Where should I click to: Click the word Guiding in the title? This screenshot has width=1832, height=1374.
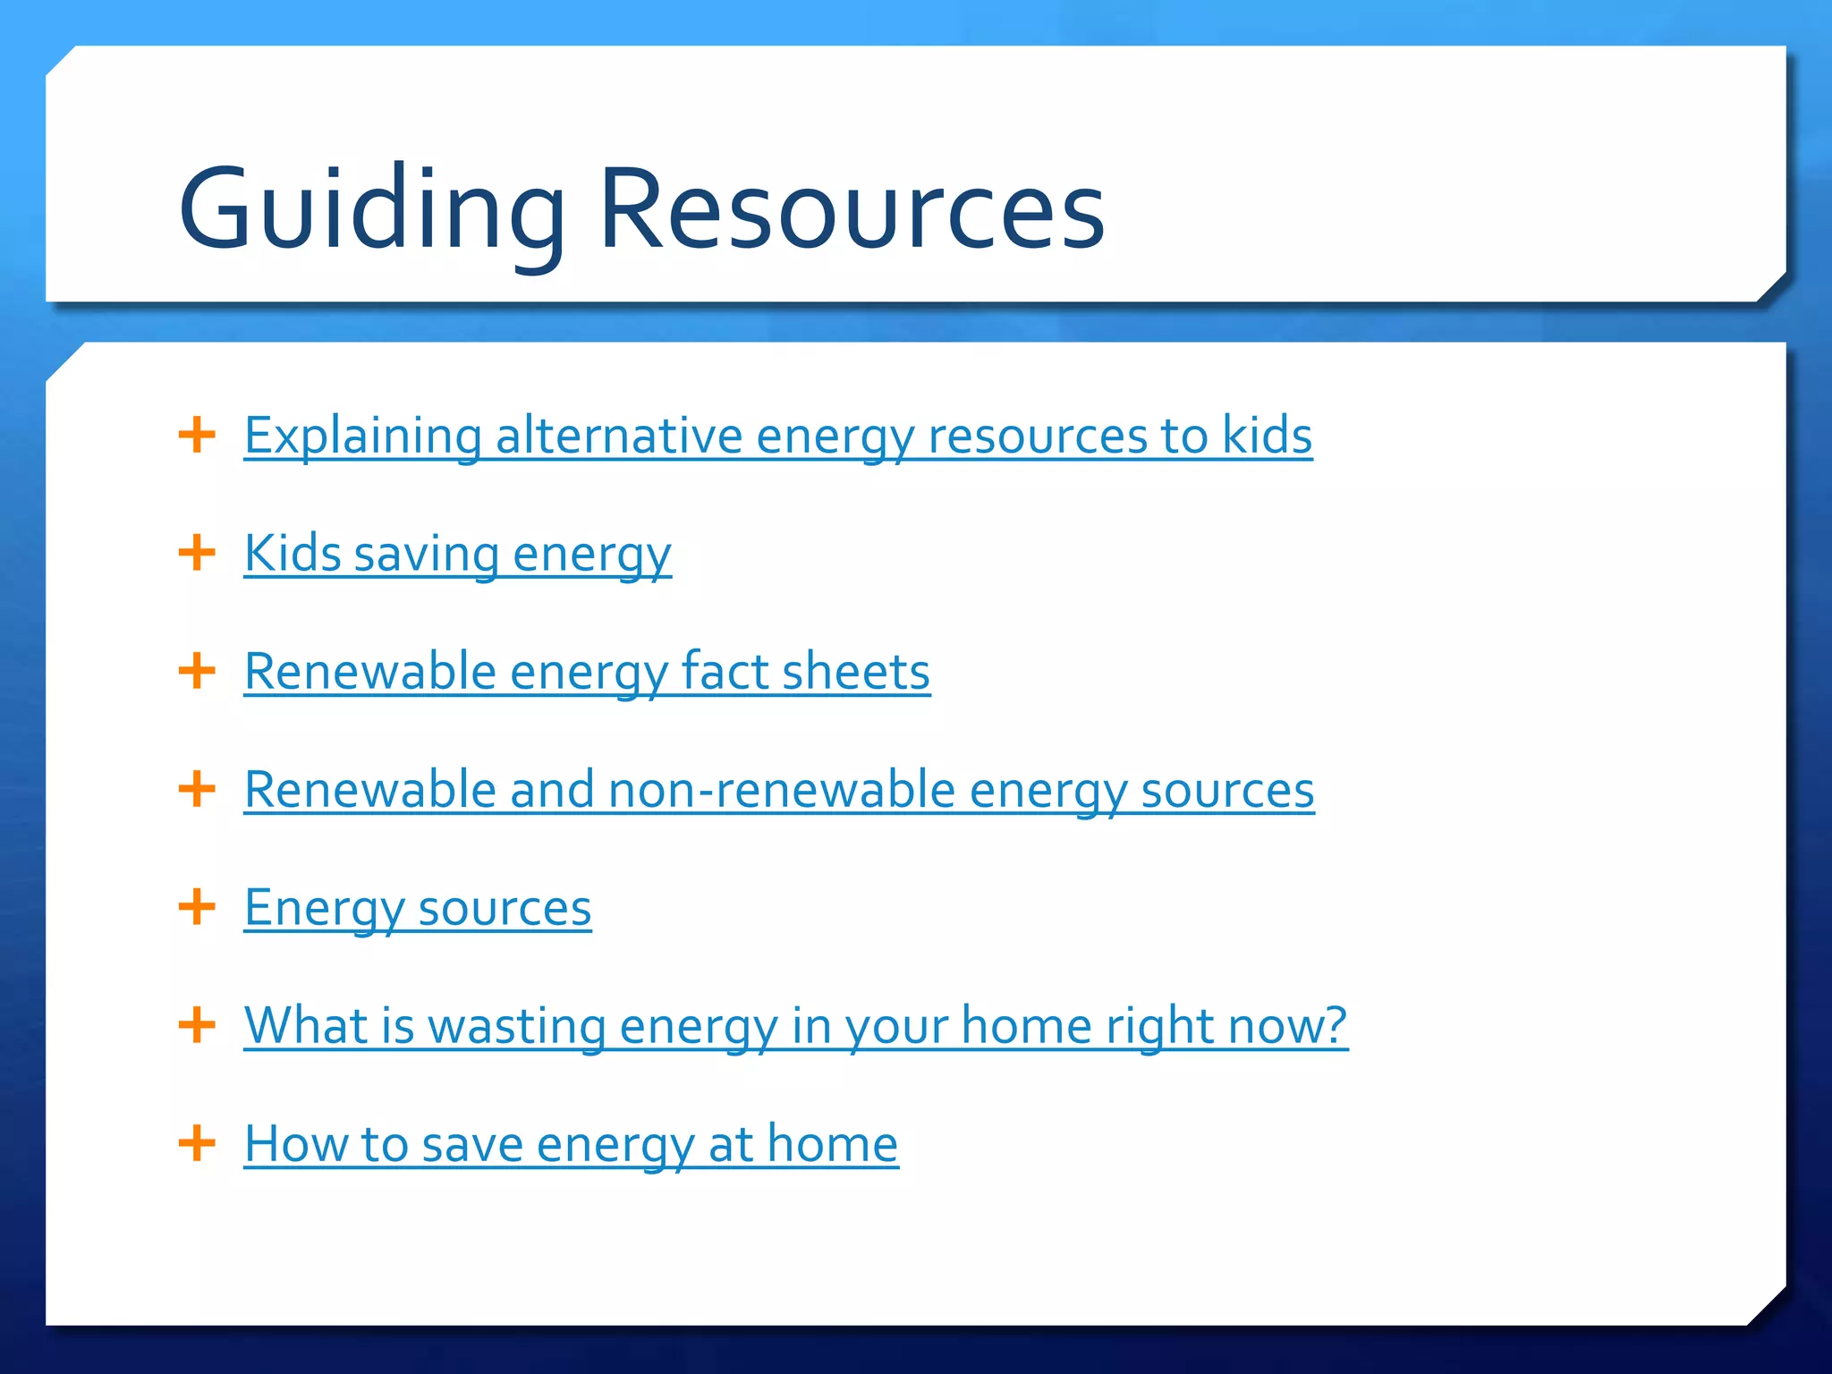click(x=371, y=210)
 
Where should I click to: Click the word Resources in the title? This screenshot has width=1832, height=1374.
click(x=852, y=210)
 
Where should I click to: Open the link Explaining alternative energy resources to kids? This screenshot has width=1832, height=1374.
click(x=777, y=437)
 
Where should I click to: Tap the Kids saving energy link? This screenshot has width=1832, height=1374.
click(x=457, y=554)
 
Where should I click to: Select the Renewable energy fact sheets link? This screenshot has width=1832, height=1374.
click(x=587, y=672)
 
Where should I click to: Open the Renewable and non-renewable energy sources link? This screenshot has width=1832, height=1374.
click(x=778, y=790)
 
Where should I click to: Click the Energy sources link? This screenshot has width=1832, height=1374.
click(x=417, y=908)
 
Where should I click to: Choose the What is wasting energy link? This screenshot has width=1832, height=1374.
click(x=795, y=1025)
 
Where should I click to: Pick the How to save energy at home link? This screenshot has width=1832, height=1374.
click(x=571, y=1144)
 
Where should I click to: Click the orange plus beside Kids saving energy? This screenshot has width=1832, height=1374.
click(x=197, y=553)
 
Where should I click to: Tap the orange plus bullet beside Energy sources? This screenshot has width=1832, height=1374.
click(x=197, y=906)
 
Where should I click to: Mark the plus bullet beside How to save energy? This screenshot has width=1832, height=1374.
click(x=197, y=1142)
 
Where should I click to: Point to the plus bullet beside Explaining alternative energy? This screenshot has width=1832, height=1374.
click(x=197, y=436)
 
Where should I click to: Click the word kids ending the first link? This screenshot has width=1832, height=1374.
click(x=1267, y=437)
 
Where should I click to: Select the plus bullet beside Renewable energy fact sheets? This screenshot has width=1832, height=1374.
click(x=197, y=671)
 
